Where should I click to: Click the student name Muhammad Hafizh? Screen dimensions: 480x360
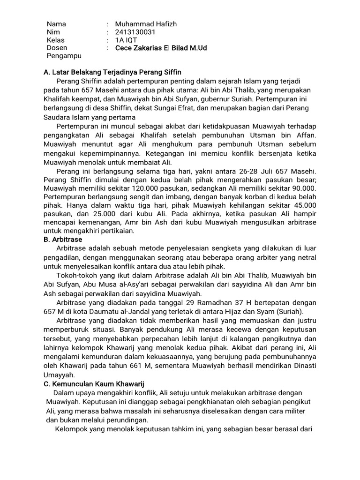point(146,24)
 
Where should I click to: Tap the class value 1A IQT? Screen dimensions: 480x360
point(127,40)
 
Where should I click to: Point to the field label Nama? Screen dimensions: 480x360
point(56,24)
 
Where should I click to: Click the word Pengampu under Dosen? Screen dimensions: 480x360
point(64,56)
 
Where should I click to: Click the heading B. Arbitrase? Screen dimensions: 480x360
point(62,240)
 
